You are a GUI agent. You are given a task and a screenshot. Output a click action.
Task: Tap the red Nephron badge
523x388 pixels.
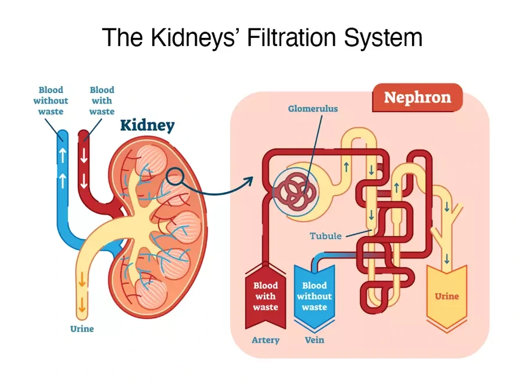[x=417, y=97]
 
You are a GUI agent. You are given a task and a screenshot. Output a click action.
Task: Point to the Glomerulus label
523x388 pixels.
[x=313, y=109]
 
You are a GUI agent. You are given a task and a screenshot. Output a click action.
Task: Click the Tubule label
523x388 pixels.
[x=325, y=236]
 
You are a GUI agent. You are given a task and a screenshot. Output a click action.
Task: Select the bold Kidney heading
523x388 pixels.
[x=148, y=126]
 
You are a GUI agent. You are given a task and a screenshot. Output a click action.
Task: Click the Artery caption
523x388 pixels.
[x=266, y=340]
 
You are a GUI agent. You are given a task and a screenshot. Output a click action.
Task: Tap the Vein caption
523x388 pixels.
[x=314, y=340]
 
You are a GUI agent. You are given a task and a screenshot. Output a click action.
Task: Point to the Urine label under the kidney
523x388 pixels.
[x=82, y=329]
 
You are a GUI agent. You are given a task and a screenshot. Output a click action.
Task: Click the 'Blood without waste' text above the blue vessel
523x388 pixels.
[x=51, y=101]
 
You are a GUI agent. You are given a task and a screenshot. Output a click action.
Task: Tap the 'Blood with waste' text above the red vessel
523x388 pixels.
[x=102, y=101]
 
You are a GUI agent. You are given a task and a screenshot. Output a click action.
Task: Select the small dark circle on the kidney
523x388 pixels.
[x=175, y=176]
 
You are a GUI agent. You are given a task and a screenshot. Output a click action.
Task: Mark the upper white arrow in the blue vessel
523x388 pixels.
[x=62, y=155]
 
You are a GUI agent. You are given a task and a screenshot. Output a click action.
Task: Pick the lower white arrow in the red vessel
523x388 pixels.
[x=84, y=181]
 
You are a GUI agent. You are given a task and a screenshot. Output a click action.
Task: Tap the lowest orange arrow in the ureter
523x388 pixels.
[x=82, y=305]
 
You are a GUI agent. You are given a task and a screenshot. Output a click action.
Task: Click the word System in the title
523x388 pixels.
[x=384, y=37]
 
